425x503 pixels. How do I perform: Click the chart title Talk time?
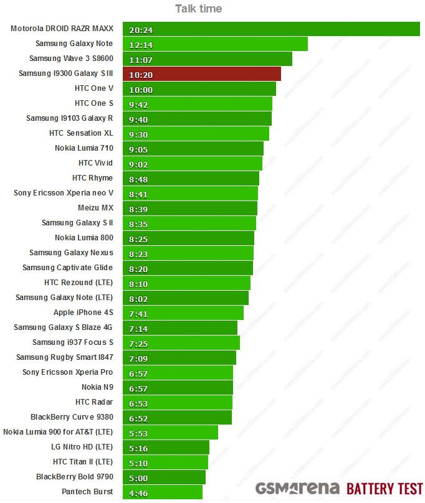tap(198, 8)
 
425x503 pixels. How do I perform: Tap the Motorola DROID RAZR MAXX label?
tap(62, 29)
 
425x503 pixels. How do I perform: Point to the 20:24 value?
tap(141, 30)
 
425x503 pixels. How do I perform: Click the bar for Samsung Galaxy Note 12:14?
tap(215, 44)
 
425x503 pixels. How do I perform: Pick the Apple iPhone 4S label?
tap(83, 313)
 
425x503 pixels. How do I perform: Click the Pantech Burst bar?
tap(163, 492)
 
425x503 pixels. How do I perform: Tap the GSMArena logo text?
tap(297, 488)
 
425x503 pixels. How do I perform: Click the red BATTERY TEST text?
tap(384, 488)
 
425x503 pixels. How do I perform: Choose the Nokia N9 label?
tap(97, 387)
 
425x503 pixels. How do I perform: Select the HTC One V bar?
tap(199, 89)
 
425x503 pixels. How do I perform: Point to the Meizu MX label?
tap(95, 208)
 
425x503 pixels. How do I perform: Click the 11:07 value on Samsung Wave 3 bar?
tap(141, 60)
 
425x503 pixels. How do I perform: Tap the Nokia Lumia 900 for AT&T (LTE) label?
tap(58, 432)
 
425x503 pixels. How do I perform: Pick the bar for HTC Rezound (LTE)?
tap(186, 283)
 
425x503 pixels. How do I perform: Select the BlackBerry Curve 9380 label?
tap(72, 417)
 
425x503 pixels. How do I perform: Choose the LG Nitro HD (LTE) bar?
tap(166, 448)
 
